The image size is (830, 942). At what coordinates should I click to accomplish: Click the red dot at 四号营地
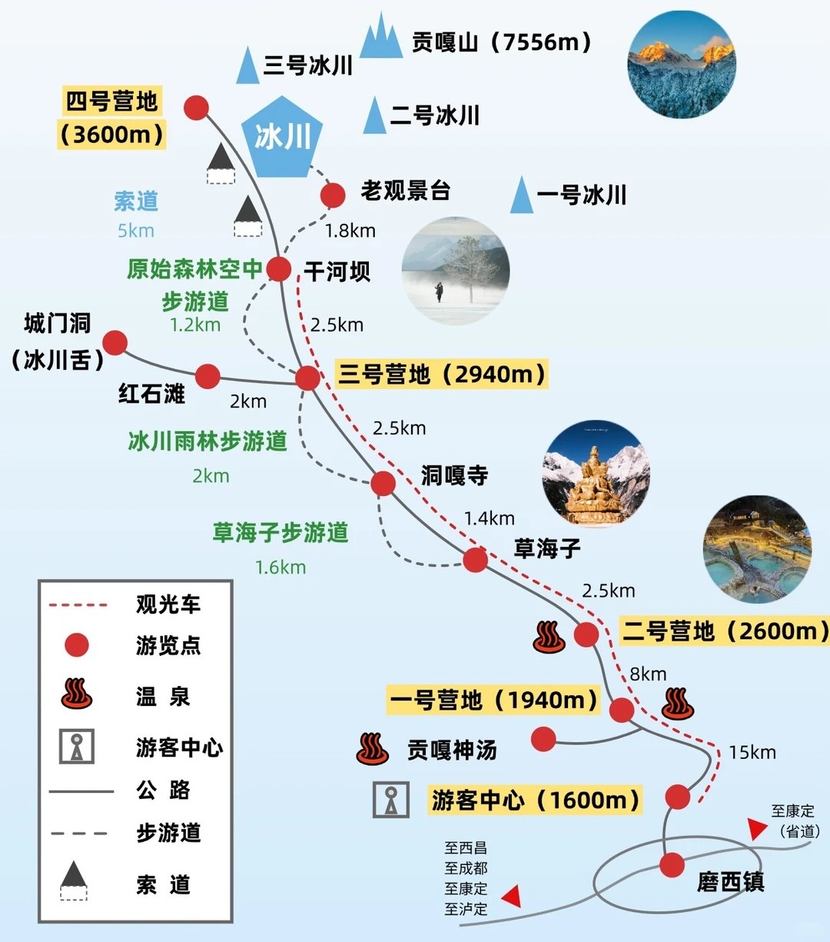pos(197,108)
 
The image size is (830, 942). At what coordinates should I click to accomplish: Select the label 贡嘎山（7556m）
pos(502,42)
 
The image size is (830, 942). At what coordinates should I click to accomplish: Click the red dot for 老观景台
pos(333,195)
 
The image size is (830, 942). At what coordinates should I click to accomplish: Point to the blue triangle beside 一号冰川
pos(522,195)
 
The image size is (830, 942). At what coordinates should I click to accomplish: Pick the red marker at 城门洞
pos(115,343)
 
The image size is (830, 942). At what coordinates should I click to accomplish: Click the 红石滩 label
pos(152,394)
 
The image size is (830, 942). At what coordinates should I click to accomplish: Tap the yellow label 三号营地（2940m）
pos(443,374)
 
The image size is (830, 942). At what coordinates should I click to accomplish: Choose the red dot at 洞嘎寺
pos(383,484)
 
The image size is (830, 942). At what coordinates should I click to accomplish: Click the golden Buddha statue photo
pos(596,474)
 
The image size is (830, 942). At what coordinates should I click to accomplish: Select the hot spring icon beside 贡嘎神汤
pos(373,748)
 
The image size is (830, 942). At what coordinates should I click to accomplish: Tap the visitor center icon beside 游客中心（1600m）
pos(391,800)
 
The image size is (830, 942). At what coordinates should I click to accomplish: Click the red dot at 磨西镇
pos(671,865)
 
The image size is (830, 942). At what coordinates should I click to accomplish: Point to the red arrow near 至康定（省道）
pos(758,828)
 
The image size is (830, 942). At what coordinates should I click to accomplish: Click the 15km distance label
pos(752,752)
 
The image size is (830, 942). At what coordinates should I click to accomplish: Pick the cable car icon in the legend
pos(74,881)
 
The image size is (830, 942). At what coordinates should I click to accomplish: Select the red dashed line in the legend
pos(78,605)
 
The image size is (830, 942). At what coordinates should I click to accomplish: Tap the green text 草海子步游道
pos(281,533)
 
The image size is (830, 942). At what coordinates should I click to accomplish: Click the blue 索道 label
pos(136,201)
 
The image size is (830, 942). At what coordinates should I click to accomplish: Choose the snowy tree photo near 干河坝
pos(456,271)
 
